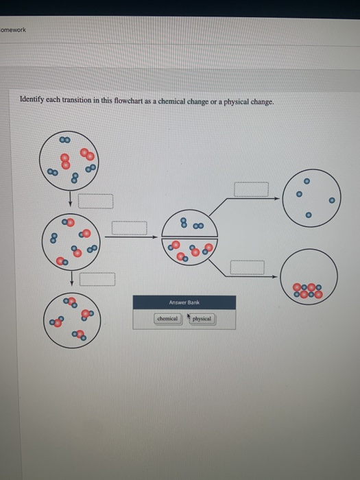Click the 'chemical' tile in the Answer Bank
(167, 319)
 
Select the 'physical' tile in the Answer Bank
(202, 319)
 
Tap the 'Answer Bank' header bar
(184, 302)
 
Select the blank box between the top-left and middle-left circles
(95, 201)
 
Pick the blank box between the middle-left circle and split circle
(130, 227)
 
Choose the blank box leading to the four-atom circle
(251, 189)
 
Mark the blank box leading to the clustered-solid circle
(247, 267)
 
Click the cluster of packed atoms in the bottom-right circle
(308, 291)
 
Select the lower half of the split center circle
(190, 249)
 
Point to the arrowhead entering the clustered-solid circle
(278, 276)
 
